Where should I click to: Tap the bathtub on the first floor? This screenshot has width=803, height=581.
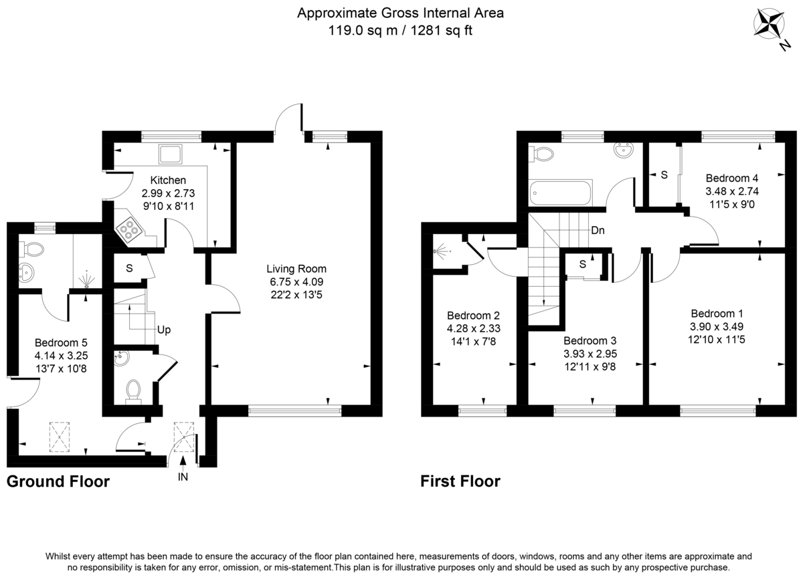[x=561, y=193]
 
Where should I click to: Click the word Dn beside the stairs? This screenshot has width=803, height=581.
[x=598, y=230]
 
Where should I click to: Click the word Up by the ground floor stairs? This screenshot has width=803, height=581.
[x=165, y=330]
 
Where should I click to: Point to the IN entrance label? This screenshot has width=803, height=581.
[x=183, y=477]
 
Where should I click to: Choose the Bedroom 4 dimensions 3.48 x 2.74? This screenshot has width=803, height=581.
[x=732, y=191]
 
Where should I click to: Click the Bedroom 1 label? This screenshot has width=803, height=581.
[x=717, y=314]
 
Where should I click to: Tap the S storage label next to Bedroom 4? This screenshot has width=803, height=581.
[x=664, y=175]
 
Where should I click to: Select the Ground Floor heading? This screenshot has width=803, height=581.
[x=58, y=481]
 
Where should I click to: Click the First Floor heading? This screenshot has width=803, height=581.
[x=460, y=481]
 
